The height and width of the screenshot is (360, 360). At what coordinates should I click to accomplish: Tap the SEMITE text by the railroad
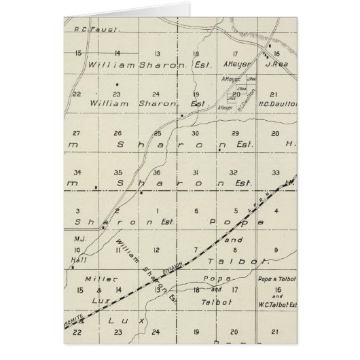click(x=78, y=319)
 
